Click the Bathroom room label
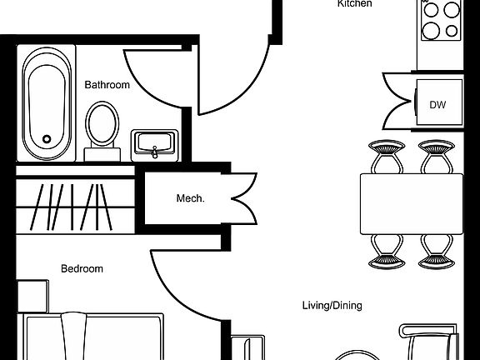107,85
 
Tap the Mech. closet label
190,198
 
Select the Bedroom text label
82,269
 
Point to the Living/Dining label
332,306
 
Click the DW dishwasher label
437,105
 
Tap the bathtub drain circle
47,139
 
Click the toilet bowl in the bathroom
102,124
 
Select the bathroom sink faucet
155,152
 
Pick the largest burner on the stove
431,31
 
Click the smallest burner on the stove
452,31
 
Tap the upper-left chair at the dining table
387,157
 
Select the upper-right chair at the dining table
437,157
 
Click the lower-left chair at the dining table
387,252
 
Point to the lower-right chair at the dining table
437,252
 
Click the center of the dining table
412,204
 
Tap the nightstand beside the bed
32,296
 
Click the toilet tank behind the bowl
102,154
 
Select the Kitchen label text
354,3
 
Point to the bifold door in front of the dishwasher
398,101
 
